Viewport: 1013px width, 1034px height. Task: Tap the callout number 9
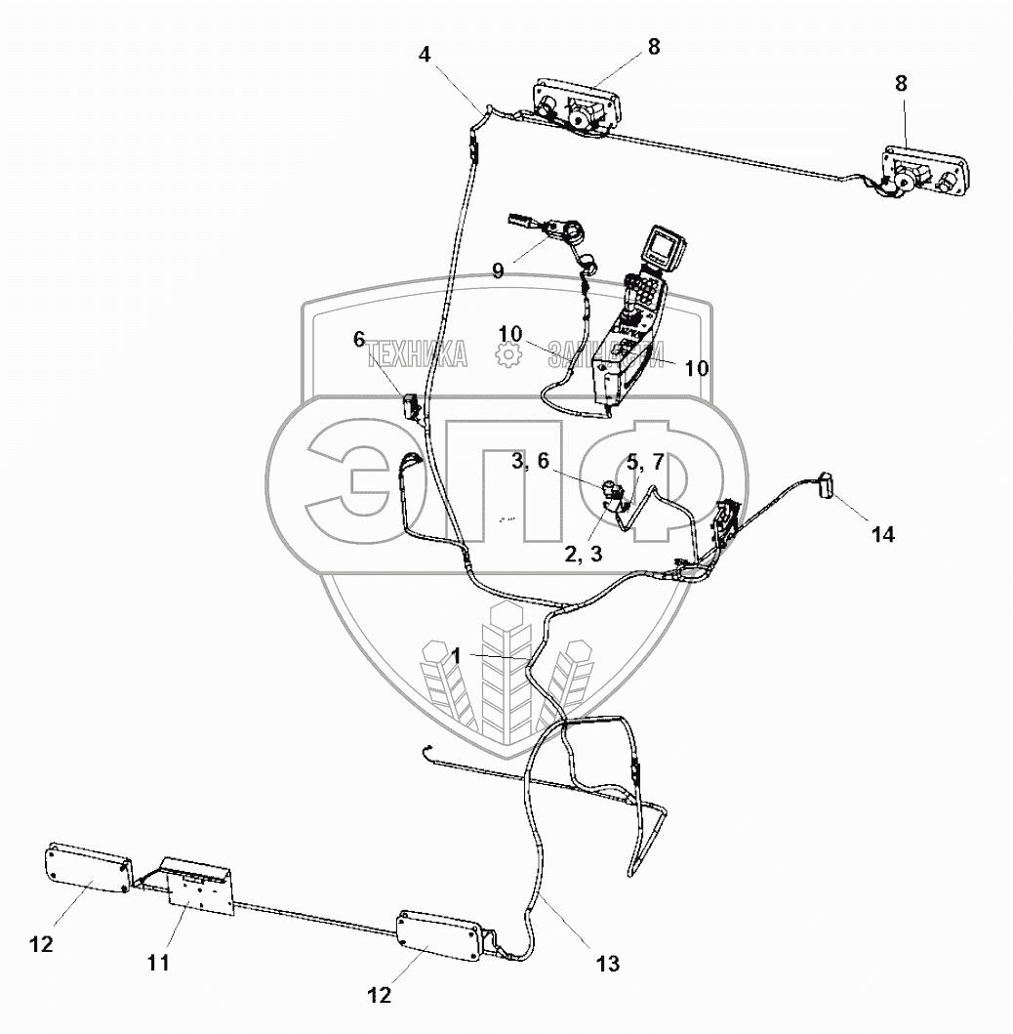(x=498, y=269)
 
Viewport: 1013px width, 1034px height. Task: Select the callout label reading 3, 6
(x=535, y=462)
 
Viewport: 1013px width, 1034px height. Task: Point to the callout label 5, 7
(x=644, y=462)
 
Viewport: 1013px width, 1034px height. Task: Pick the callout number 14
(x=882, y=534)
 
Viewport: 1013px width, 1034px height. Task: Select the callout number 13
(x=607, y=964)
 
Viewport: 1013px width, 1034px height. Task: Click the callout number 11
(x=158, y=962)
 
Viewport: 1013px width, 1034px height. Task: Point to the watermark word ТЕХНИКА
(x=418, y=357)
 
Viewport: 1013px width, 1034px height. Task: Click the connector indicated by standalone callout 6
(x=411, y=404)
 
